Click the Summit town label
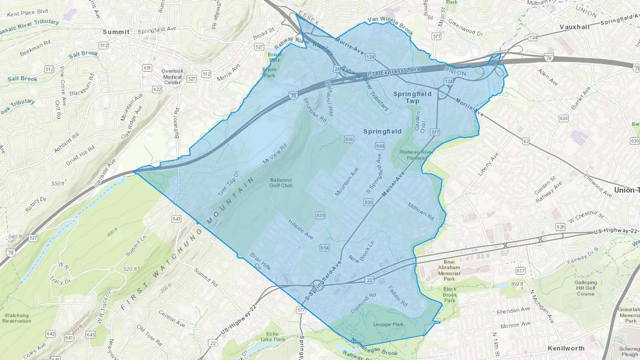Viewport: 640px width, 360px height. pyautogui.click(x=116, y=32)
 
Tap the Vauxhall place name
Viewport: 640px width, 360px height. pyautogui.click(x=574, y=27)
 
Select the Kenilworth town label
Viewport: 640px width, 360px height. pyautogui.click(x=566, y=348)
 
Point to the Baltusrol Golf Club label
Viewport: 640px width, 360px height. pyautogui.click(x=281, y=183)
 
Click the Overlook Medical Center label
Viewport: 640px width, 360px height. pyautogui.click(x=172, y=77)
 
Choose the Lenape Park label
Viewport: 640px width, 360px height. pyautogui.click(x=388, y=324)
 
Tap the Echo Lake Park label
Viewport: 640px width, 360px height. pyautogui.click(x=272, y=337)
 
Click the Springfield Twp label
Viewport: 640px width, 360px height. pyautogui.click(x=412, y=97)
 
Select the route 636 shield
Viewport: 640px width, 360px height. pyautogui.click(x=349, y=139)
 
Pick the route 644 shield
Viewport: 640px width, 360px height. pyautogui.click(x=380, y=146)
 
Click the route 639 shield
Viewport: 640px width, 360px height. pyautogui.click(x=368, y=203)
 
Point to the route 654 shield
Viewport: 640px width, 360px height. pyautogui.click(x=324, y=248)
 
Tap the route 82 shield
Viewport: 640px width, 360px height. pyautogui.click(x=526, y=141)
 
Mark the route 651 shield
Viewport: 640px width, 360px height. pyautogui.click(x=147, y=68)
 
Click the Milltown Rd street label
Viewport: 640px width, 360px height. pyautogui.click(x=421, y=211)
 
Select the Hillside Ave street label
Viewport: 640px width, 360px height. pyautogui.click(x=300, y=229)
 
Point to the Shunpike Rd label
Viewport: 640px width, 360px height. pyautogui.click(x=315, y=110)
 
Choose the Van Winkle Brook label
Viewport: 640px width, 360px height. pyautogui.click(x=390, y=25)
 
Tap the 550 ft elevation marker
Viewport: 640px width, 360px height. pyautogui.click(x=58, y=184)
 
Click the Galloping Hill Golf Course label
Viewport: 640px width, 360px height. pyautogui.click(x=586, y=288)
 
